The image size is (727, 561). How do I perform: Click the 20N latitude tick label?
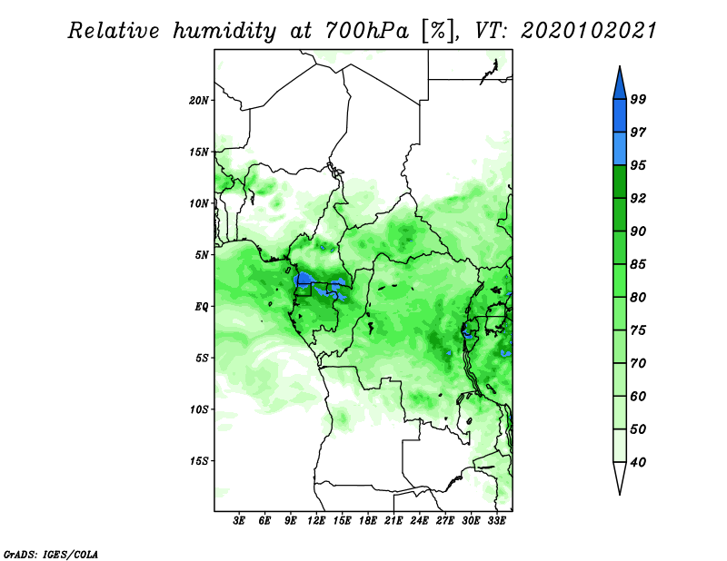tap(199, 101)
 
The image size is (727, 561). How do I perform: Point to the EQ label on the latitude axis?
tap(201, 307)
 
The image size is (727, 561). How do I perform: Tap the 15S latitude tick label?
tap(199, 461)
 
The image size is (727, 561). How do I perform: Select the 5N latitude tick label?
tap(202, 255)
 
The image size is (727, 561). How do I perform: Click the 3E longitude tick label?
tap(239, 521)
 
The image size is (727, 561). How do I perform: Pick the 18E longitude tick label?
tap(368, 521)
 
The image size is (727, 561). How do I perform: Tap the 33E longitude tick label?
tap(496, 521)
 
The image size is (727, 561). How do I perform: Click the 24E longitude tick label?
tap(419, 521)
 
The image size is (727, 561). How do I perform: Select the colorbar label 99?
tap(638, 99)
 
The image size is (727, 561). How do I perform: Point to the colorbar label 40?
tap(638, 462)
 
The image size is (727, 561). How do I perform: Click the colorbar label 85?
tap(638, 264)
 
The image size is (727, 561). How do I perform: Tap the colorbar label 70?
tap(638, 363)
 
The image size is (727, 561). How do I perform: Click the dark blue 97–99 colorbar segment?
tap(620, 116)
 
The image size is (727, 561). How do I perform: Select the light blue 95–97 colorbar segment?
tap(620, 149)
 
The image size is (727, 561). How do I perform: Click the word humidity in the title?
tap(224, 32)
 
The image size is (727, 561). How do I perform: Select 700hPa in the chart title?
tap(367, 31)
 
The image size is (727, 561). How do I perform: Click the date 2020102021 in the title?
tap(589, 31)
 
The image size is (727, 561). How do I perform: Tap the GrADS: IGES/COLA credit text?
tap(51, 554)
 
